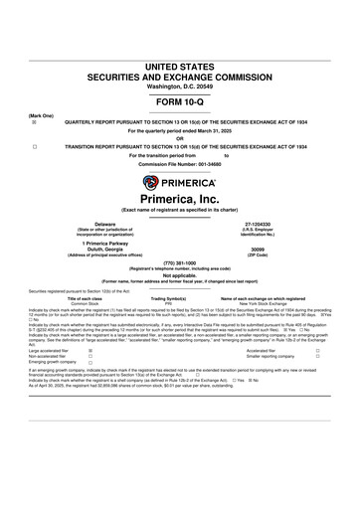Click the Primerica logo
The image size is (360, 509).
click(x=180, y=182)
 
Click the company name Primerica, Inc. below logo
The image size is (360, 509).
click(x=180, y=203)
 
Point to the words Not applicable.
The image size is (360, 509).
click(x=180, y=275)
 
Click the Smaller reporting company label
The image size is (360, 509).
click(x=267, y=357)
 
